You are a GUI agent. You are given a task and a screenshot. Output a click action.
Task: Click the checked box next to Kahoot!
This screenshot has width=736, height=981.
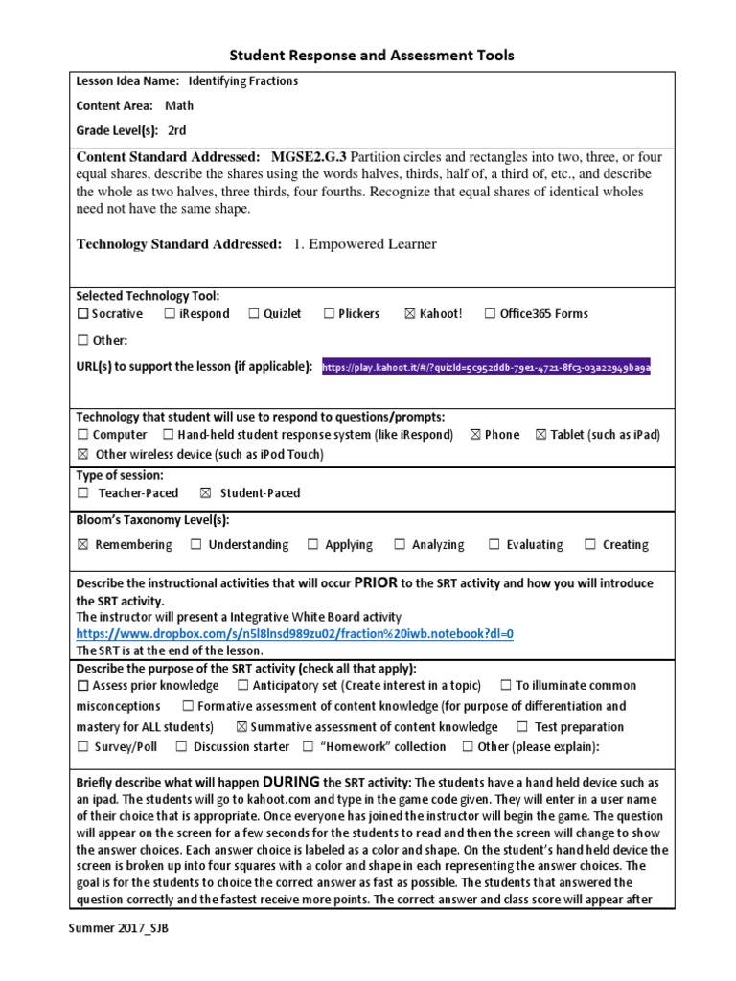coord(410,314)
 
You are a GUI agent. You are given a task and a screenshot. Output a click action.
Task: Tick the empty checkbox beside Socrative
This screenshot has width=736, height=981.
coord(82,314)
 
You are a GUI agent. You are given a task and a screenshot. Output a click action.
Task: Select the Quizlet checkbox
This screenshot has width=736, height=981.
coord(254,314)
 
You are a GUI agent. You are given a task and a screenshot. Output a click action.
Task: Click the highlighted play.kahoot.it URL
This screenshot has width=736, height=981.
coord(486,367)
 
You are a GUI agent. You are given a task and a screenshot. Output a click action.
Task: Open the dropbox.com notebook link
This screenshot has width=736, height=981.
coord(295,634)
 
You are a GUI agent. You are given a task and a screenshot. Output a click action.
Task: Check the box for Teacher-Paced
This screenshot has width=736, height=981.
coord(82,493)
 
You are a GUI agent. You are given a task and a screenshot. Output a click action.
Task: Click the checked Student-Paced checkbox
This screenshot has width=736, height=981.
coord(205,493)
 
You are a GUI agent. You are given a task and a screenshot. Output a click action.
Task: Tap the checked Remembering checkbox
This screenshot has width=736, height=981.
coord(82,545)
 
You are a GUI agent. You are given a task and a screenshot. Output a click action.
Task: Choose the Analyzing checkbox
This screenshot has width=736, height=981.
coord(399,545)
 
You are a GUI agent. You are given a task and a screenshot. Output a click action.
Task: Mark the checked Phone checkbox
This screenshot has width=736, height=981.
coord(474,435)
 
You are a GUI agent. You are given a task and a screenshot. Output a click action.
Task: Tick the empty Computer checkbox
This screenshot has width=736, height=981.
coord(82,435)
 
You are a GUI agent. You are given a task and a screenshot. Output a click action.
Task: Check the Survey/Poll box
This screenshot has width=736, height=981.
coord(82,747)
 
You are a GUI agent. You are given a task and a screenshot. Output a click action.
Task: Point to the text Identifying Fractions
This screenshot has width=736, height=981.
coord(242,81)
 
